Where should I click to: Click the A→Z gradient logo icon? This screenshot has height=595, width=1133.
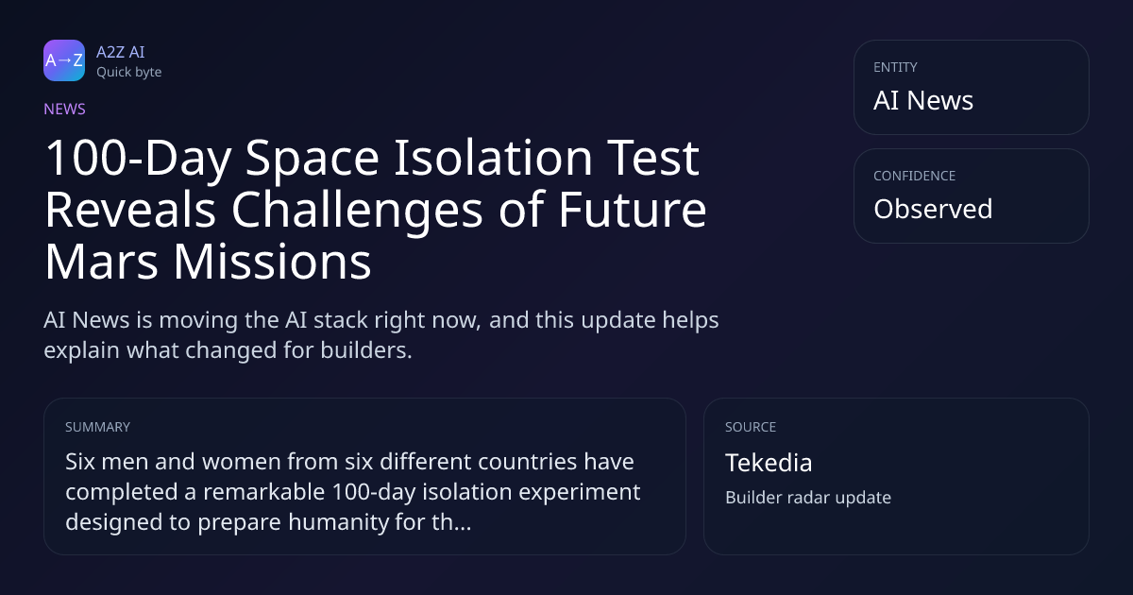click(x=64, y=60)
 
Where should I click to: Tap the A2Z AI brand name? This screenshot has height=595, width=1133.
click(x=121, y=52)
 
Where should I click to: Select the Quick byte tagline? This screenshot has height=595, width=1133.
click(x=129, y=73)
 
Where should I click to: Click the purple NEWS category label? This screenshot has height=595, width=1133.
click(x=65, y=110)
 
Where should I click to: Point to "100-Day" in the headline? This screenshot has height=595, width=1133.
click(x=138, y=158)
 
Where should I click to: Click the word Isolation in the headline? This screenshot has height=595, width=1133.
click(x=493, y=158)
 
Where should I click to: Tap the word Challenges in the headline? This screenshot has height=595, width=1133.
click(x=357, y=211)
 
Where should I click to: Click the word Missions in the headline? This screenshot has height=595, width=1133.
click(x=273, y=263)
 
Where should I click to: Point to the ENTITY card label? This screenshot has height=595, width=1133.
click(x=895, y=67)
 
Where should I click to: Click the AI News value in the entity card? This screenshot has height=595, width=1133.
click(x=923, y=100)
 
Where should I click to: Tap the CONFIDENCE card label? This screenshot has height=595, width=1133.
click(x=915, y=176)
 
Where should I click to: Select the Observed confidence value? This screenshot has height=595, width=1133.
click(x=933, y=209)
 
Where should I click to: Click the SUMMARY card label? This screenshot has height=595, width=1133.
click(x=97, y=427)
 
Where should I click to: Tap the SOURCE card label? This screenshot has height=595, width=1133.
click(x=751, y=427)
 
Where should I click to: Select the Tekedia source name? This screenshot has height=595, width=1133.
click(x=769, y=463)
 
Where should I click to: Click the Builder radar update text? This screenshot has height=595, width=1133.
click(x=808, y=498)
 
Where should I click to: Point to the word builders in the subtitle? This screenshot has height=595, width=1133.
click(x=366, y=350)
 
